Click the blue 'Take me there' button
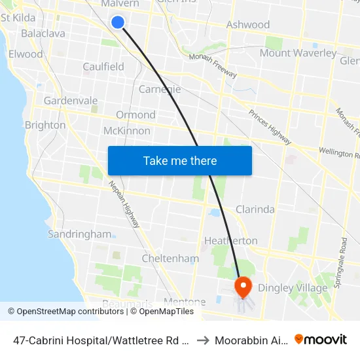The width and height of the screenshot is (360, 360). [180, 160]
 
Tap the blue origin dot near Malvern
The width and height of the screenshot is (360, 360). [118, 22]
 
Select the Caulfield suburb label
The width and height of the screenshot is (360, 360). [103, 67]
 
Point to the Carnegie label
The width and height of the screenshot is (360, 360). [160, 89]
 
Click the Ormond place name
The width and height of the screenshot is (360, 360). [135, 115]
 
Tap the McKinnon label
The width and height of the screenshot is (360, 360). [127, 131]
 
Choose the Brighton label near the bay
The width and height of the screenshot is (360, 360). [45, 125]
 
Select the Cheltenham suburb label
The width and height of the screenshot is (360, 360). [170, 259]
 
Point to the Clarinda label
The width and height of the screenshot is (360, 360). [255, 209]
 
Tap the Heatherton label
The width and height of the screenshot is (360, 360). [231, 241]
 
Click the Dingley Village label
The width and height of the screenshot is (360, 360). [293, 288]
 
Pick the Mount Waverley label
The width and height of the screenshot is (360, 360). [298, 53]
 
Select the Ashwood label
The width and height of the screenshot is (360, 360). [248, 25]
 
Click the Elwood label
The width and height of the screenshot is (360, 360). [26, 54]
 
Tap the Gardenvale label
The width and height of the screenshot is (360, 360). [71, 101]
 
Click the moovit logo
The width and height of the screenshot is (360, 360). [321, 340]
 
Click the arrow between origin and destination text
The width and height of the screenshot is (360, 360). [202, 340]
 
